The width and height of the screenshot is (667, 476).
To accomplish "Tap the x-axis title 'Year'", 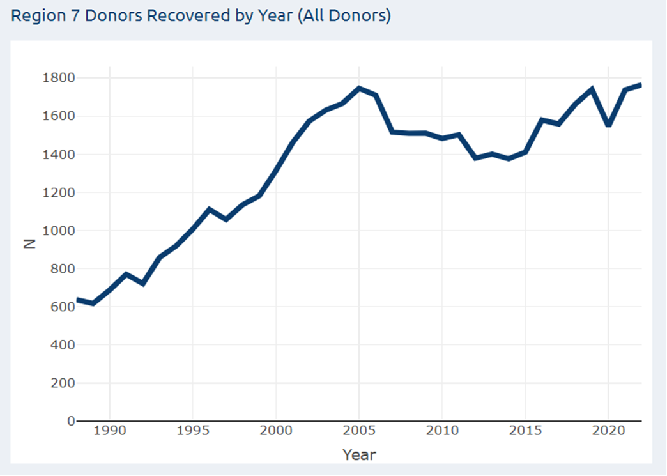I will click(359, 455).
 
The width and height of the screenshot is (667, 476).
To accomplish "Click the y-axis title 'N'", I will click(29, 243).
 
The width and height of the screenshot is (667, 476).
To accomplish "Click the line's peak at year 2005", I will click(359, 88).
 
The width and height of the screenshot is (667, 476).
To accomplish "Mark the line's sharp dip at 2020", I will click(608, 125).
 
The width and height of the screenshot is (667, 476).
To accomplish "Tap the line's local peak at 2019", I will click(592, 89).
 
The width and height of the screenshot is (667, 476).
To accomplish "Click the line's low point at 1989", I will click(93, 303).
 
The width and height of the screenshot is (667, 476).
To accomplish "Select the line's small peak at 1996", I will click(210, 209).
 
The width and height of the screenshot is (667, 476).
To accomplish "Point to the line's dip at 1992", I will click(143, 284).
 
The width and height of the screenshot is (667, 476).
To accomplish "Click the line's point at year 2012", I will click(475, 158).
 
